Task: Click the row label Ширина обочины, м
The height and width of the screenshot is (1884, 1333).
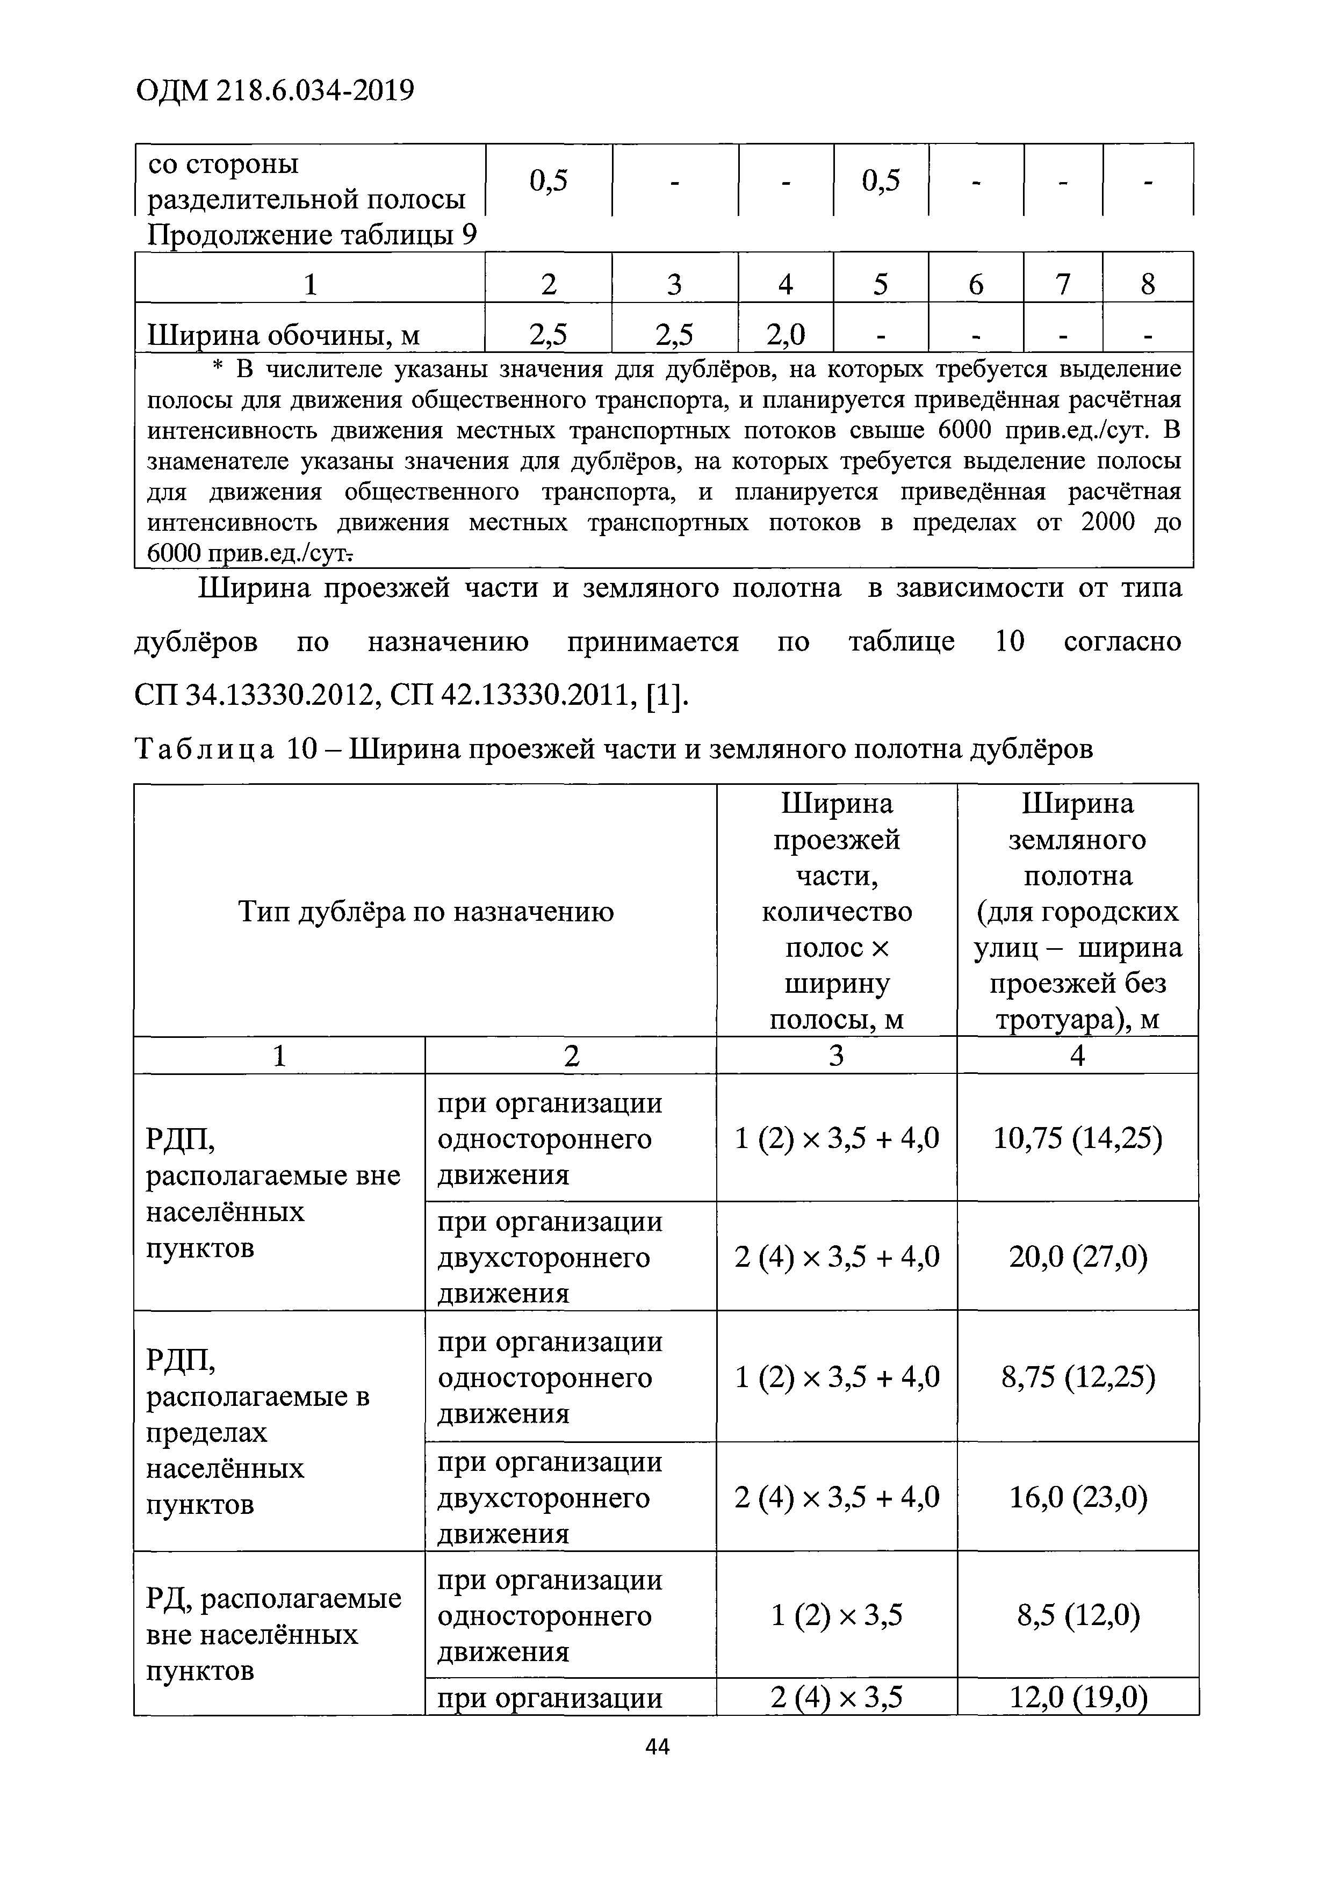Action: pyautogui.click(x=283, y=335)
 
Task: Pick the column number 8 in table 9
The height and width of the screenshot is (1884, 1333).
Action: pyautogui.click(x=1148, y=284)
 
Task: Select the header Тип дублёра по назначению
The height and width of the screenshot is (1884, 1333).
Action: pyautogui.click(x=425, y=911)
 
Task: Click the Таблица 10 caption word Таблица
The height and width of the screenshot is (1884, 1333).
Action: pyautogui.click(x=204, y=749)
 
